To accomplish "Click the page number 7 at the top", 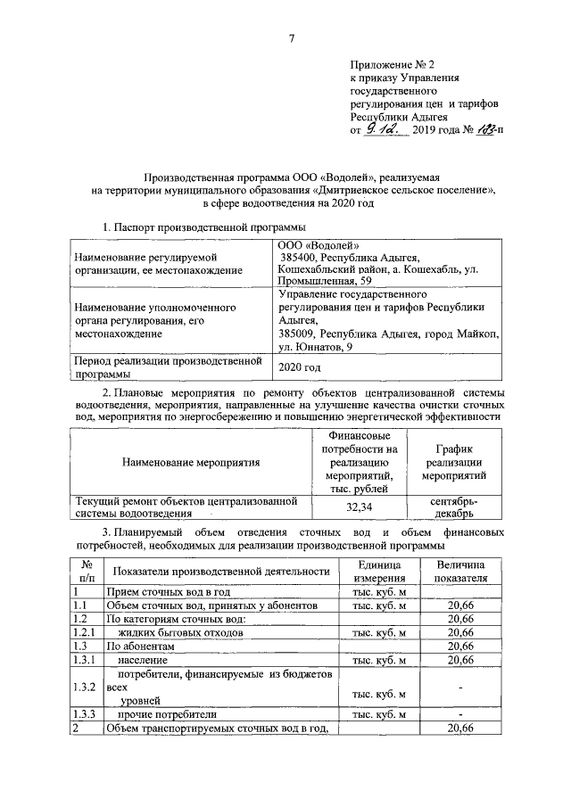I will (x=292, y=37).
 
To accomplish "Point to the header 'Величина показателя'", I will (x=460, y=572).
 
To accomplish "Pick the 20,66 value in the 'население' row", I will (x=460, y=660).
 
